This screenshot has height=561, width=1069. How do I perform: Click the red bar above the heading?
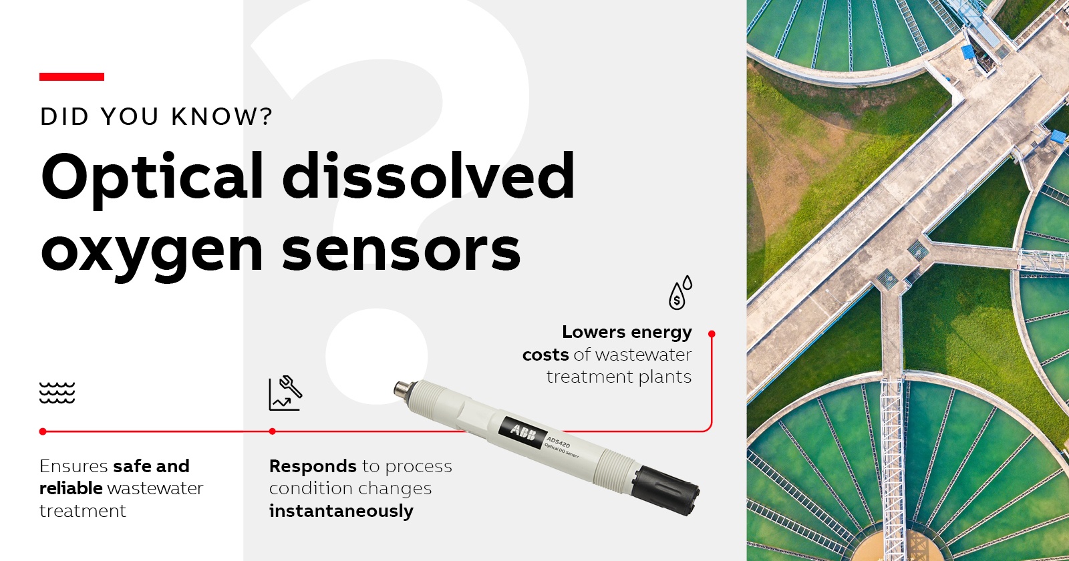pyautogui.click(x=71, y=77)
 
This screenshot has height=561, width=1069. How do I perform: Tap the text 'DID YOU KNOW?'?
pyautogui.click(x=156, y=117)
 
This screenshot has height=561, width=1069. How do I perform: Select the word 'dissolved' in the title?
pyautogui.click(x=428, y=175)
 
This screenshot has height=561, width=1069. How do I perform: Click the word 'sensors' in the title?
pyautogui.click(x=401, y=250)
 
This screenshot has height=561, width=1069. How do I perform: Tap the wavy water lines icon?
pyautogui.click(x=57, y=393)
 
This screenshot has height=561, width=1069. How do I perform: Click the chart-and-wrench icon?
pyautogui.click(x=285, y=393)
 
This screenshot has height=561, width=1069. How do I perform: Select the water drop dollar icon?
pyautogui.click(x=680, y=293)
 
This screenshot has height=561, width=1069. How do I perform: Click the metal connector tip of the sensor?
pyautogui.click(x=401, y=389)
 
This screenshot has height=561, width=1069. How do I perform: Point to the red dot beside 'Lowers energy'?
pyautogui.click(x=712, y=334)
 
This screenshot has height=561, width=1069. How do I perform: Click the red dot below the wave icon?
pyautogui.click(x=43, y=431)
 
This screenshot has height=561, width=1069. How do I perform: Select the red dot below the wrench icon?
pyautogui.click(x=272, y=431)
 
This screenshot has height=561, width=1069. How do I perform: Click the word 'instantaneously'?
pyautogui.click(x=341, y=511)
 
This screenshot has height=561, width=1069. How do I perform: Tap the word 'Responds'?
pyautogui.click(x=313, y=467)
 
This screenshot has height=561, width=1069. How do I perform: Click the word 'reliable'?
pyautogui.click(x=71, y=488)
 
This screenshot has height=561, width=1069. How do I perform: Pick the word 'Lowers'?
pyautogui.click(x=593, y=332)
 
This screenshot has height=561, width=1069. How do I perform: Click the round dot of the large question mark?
pyautogui.click(x=377, y=357)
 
